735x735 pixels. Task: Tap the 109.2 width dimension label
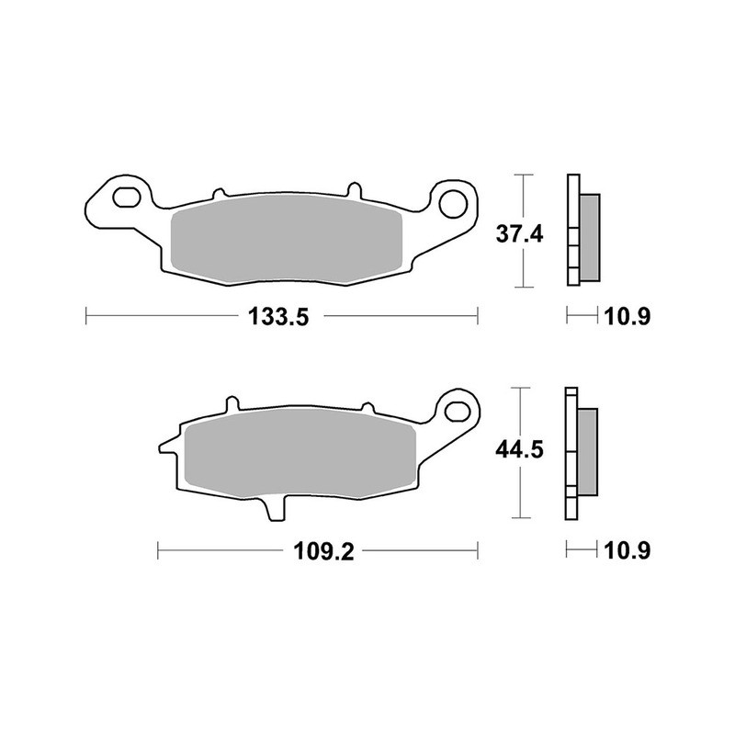[x=317, y=551]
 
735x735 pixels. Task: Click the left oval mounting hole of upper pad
[x=125, y=198]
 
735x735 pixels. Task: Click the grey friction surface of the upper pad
[x=289, y=239]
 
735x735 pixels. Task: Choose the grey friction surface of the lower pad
[x=294, y=455]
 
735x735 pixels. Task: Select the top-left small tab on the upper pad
[x=219, y=194]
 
